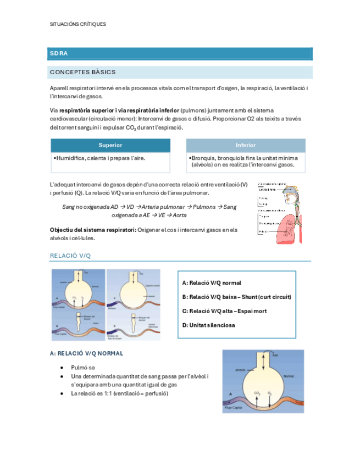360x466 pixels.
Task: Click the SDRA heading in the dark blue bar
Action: tap(58, 54)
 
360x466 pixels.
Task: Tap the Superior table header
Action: tap(110, 145)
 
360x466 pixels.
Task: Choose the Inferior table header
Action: tap(245, 145)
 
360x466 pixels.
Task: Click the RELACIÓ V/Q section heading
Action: tap(70, 256)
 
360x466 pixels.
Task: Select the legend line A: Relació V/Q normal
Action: tap(211, 283)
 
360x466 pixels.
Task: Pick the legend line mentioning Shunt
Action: tap(236, 297)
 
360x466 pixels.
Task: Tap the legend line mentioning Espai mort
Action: tap(224, 311)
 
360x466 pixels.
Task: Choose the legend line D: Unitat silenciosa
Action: tap(208, 325)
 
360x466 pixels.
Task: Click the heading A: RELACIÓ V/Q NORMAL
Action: tap(86, 353)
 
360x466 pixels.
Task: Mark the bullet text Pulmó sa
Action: tap(83, 367)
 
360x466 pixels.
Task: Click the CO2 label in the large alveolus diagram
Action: tap(257, 393)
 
